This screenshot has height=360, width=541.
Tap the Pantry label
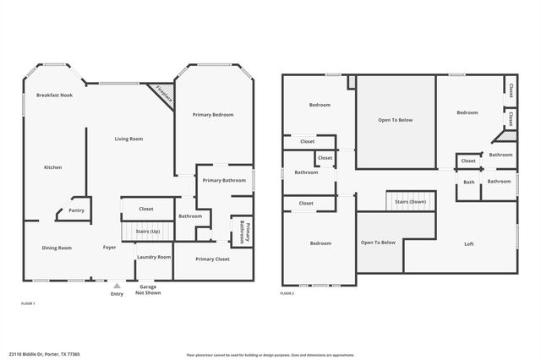click(x=76, y=210)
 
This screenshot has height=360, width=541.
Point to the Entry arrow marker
click(x=117, y=286)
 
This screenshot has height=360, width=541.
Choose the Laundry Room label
click(x=154, y=257)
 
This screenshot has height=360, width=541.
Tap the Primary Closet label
click(x=212, y=259)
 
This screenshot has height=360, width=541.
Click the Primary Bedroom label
click(x=212, y=114)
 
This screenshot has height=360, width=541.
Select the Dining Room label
click(x=57, y=248)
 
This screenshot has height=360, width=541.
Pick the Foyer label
click(x=110, y=248)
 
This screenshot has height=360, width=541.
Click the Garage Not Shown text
click(x=147, y=290)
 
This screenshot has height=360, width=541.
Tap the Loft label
click(x=469, y=244)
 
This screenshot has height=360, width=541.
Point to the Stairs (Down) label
click(x=409, y=202)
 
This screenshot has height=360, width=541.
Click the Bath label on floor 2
click(x=468, y=181)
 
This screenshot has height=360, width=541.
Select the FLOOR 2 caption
click(x=287, y=293)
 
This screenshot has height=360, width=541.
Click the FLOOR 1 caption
click(x=28, y=303)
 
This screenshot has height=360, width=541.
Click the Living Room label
click(x=128, y=139)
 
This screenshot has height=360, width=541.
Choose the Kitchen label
click(x=52, y=167)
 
